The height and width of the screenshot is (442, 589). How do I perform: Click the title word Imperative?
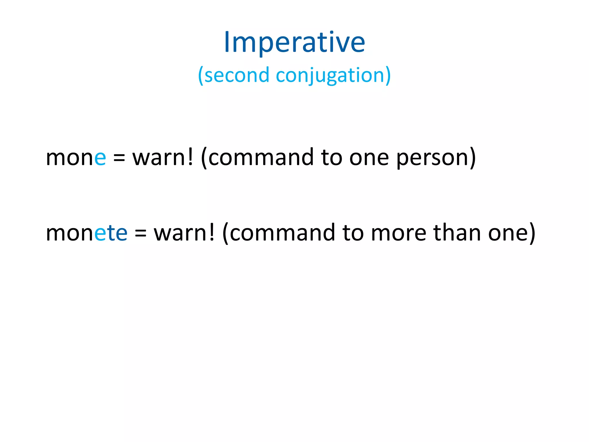point(294,43)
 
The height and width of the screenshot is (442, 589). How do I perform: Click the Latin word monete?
point(87,233)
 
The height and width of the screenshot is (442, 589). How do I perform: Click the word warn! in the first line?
point(163,157)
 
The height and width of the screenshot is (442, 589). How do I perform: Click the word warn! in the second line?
point(184,233)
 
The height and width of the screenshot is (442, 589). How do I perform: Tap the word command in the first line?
point(261,157)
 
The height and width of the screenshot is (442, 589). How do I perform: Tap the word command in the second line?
point(282,233)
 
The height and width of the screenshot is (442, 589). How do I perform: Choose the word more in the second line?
point(399,233)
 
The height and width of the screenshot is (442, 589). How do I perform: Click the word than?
point(457,233)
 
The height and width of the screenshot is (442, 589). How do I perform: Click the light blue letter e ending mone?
point(100,159)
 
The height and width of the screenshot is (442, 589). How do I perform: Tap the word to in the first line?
point(331,158)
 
